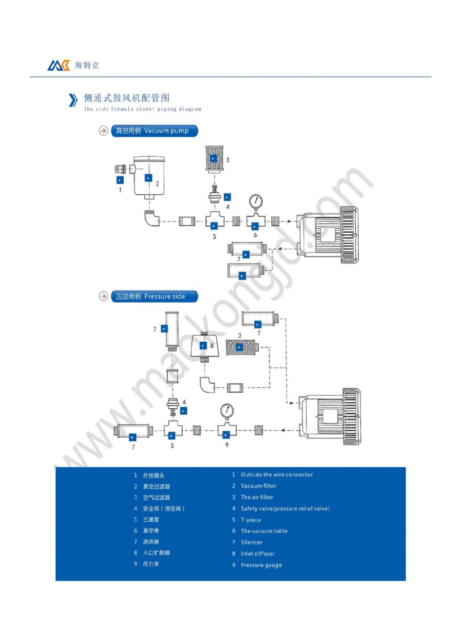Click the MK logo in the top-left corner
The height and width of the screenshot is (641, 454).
click(58, 65)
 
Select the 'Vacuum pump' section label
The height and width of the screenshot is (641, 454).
click(155, 131)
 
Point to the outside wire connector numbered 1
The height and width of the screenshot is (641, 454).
click(120, 169)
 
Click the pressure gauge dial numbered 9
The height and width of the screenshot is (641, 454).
click(226, 411)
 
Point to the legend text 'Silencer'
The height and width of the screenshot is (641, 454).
click(251, 542)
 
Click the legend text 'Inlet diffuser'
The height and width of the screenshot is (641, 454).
click(258, 554)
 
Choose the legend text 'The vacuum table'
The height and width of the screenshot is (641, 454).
click(264, 531)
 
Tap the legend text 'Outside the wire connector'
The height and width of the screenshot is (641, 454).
click(276, 475)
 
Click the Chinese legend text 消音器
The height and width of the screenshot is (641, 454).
click(151, 542)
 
